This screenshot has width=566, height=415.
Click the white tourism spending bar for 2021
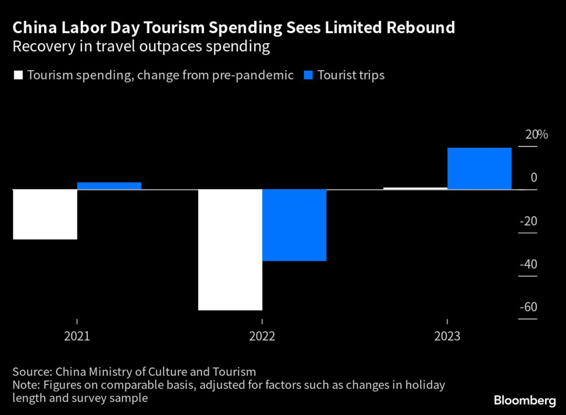coord(45,214)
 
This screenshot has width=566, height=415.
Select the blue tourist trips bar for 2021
coord(109,186)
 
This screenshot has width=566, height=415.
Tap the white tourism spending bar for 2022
coord(230,249)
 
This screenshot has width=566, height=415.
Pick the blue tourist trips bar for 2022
coord(294,225)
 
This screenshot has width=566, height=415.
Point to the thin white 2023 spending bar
coord(415,188)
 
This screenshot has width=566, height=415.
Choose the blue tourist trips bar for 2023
coord(479,168)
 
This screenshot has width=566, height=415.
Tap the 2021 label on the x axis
coord(77,336)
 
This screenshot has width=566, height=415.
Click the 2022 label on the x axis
coord(262,336)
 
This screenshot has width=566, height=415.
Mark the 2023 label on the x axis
coord(447,336)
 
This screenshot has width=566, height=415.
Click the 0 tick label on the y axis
coord(534,178)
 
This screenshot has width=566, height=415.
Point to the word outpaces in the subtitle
coord(168,47)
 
